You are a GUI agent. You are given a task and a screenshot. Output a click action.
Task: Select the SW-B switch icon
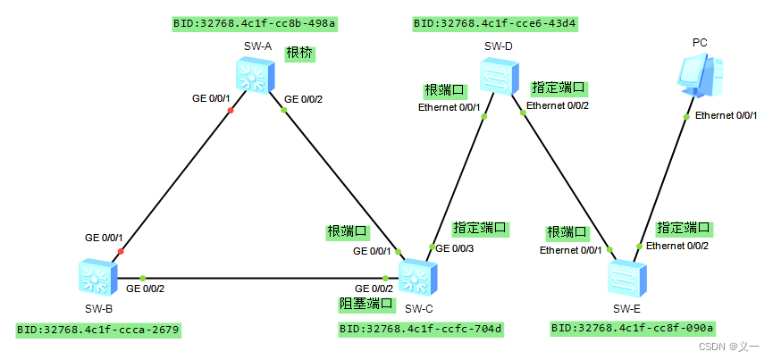point(97,278)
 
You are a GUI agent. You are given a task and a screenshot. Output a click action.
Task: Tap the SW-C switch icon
point(416,278)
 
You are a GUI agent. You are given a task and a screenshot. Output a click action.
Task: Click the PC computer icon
point(699,75)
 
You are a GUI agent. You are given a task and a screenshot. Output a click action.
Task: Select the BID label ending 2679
point(98,330)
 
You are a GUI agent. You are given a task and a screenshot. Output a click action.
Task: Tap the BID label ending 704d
point(421,330)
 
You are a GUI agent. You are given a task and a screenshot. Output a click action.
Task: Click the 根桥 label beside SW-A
point(300,54)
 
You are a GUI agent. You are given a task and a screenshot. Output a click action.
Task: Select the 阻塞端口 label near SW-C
point(365,305)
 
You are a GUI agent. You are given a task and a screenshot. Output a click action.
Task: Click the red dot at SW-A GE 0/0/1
point(231,111)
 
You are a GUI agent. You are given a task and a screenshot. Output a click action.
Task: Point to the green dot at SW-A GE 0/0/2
point(283,110)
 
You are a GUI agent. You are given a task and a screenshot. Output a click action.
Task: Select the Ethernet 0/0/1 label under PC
point(727,115)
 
